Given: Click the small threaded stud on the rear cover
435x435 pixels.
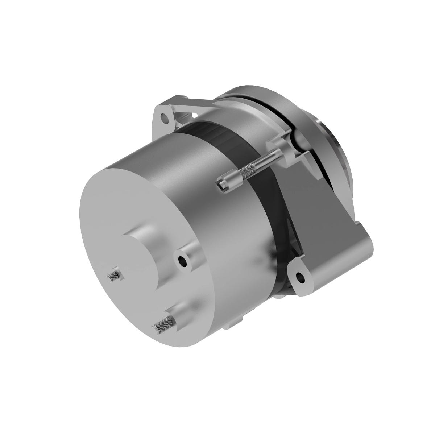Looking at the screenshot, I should click(114, 275).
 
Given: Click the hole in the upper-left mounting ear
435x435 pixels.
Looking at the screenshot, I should click(166, 118).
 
